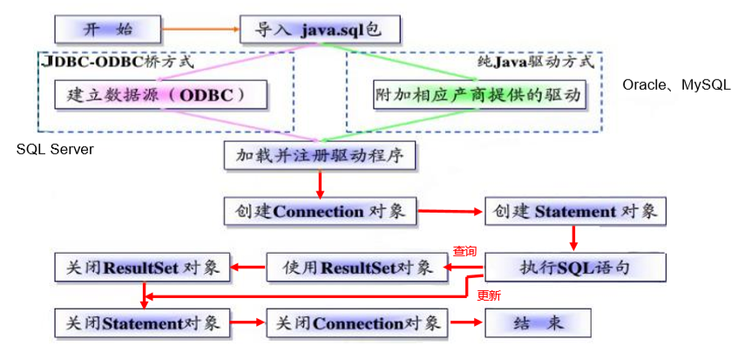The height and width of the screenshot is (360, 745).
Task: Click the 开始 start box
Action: [108, 30]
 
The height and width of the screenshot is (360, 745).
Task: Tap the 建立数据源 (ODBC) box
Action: [160, 95]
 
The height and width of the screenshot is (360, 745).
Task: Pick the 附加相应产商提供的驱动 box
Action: [478, 95]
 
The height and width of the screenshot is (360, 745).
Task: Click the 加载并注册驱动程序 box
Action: [321, 155]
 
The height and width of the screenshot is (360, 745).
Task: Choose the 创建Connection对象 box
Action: [321, 211]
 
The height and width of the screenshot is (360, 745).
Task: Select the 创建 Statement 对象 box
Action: [575, 211]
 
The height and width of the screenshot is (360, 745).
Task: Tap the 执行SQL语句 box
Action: [575, 268]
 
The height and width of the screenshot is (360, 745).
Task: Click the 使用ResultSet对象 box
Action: [356, 268]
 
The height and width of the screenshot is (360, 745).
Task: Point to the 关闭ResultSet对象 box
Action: [142, 268]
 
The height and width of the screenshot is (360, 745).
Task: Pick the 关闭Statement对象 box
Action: [142, 323]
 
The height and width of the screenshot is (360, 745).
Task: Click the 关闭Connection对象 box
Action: [357, 323]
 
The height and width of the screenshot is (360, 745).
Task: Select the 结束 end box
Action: [538, 323]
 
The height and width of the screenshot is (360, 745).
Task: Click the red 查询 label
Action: [464, 251]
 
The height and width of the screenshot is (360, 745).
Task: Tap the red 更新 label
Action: [489, 295]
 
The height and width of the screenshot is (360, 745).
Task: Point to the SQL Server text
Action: [55, 149]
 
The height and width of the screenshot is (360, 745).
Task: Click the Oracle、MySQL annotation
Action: [676, 85]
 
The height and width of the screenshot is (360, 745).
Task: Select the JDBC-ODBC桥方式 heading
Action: [118, 61]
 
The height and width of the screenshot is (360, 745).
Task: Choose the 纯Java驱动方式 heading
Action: [535, 62]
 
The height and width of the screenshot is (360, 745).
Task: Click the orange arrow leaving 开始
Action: [201, 30]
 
